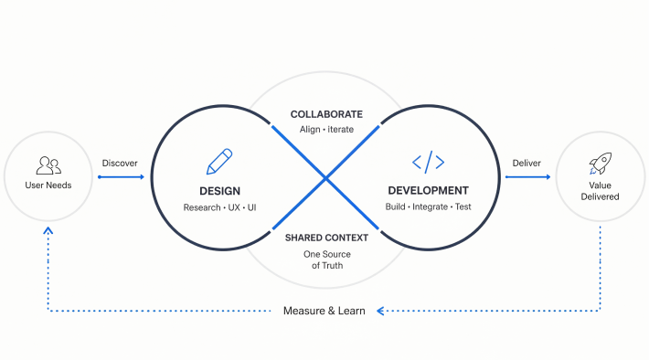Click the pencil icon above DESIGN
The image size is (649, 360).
pyautogui.click(x=219, y=162)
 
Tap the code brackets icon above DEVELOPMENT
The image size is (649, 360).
pyautogui.click(x=429, y=162)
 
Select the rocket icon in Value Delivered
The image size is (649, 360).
pyautogui.click(x=601, y=163)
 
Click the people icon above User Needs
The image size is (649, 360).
pyautogui.click(x=48, y=165)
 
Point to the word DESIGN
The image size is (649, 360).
pyautogui.click(x=219, y=191)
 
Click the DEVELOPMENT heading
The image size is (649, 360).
pyautogui.click(x=429, y=191)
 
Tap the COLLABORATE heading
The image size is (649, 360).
pyautogui.click(x=326, y=114)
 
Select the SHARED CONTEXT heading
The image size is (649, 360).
pyautogui.click(x=326, y=238)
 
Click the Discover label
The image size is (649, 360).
pyautogui.click(x=120, y=163)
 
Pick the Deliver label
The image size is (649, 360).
pyautogui.click(x=527, y=163)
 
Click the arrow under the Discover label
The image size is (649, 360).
pyautogui.click(x=121, y=177)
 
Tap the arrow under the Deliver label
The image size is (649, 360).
pyautogui.click(x=528, y=177)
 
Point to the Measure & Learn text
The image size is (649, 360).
pyautogui.click(x=324, y=311)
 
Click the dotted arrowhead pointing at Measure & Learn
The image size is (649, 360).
pyautogui.click(x=380, y=311)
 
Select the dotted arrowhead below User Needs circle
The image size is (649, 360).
pyautogui.click(x=48, y=230)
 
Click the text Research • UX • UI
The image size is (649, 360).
pyautogui.click(x=219, y=207)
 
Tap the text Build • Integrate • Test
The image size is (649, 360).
pyautogui.click(x=429, y=206)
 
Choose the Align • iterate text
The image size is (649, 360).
pyautogui.click(x=326, y=130)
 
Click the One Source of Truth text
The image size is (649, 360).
pyautogui.click(x=327, y=259)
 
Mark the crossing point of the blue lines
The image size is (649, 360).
pyautogui.click(x=325, y=178)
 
